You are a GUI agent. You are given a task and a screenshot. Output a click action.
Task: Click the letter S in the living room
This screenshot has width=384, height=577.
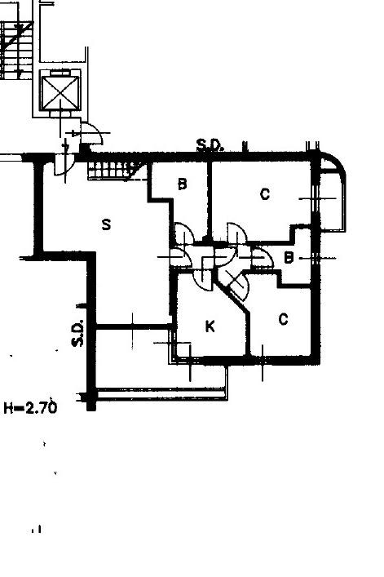pyautogui.click(x=106, y=224)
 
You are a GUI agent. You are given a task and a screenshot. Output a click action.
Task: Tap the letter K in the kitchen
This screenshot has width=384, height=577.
pyautogui.click(x=210, y=326)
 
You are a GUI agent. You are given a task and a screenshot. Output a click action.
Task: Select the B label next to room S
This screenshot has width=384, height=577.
pyautogui.click(x=182, y=184)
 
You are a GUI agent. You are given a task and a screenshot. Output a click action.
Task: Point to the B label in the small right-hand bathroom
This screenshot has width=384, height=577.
pyautogui.click(x=289, y=258)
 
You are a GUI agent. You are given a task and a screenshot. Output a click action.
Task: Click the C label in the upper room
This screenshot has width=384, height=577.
pyautogui.click(x=264, y=194)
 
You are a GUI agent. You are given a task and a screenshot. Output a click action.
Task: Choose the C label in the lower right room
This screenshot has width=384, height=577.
pyautogui.click(x=283, y=319)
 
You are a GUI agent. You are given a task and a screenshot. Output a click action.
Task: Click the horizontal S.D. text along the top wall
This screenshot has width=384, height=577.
pyautogui.click(x=210, y=145)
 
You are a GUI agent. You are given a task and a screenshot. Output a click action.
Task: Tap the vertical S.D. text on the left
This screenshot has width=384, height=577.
pyautogui.click(x=77, y=334)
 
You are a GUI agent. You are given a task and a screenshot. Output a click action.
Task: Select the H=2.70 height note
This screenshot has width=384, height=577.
pyautogui.click(x=31, y=408)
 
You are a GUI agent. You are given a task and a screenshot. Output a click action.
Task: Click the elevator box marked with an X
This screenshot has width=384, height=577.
pyautogui.click(x=60, y=91)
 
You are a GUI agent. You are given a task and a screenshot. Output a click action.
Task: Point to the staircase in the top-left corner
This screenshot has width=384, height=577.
pyautogui.click(x=16, y=50)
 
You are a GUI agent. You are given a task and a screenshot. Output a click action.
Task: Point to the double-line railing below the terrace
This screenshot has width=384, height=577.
pyautogui.click(x=161, y=393)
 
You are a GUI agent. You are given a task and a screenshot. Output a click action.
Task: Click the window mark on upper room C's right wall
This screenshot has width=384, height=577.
pyautogui.click(x=316, y=198)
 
